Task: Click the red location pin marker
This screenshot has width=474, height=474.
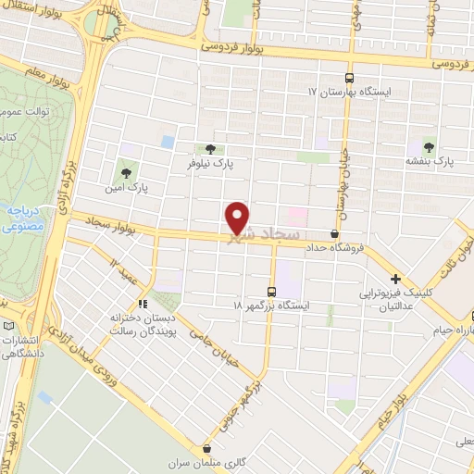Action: pos(238,217)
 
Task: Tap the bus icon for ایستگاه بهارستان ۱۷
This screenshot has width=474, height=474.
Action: pos(349,78)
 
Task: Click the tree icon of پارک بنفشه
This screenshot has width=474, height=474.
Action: pos(428,145)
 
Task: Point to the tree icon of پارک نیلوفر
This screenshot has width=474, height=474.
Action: pos(211,148)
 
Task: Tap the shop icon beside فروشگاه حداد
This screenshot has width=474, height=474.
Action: pos(334,233)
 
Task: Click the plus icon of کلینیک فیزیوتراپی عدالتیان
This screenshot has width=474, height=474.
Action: pos(395,279)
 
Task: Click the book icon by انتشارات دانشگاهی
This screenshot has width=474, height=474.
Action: pos(8,327)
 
